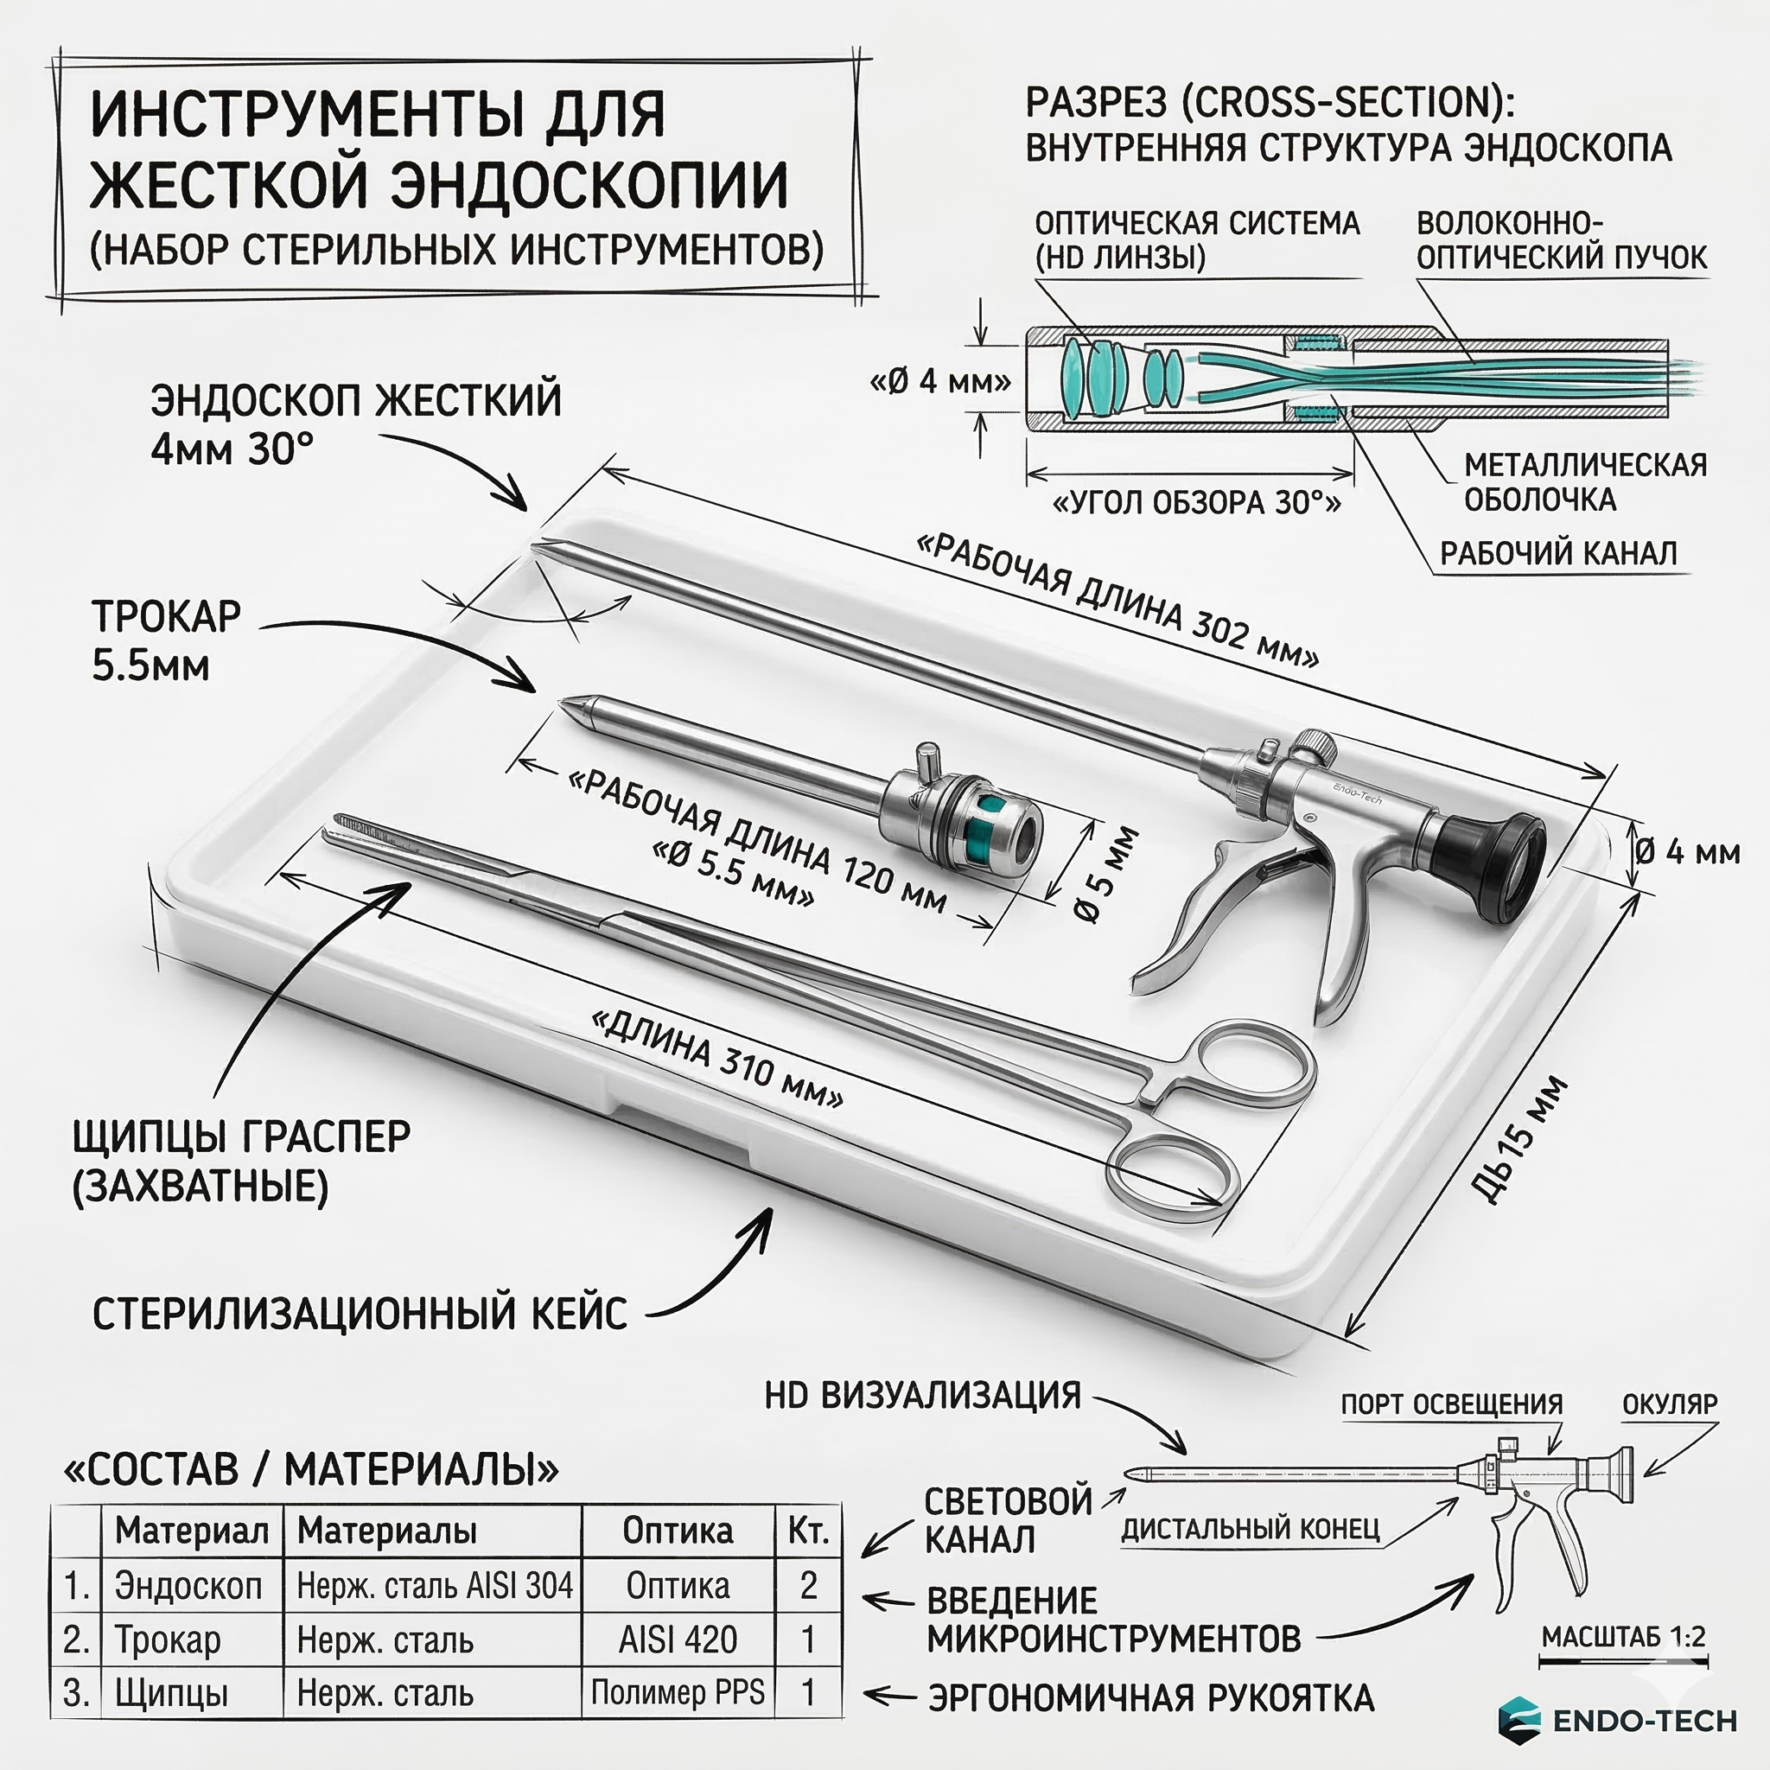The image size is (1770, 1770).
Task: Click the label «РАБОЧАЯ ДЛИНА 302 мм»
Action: point(1117,601)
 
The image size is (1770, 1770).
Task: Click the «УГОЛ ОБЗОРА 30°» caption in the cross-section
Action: point(1195,503)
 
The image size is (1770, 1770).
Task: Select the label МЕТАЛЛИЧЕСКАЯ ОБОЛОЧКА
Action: point(1584,483)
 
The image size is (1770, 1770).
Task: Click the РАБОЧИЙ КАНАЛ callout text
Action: point(1557,553)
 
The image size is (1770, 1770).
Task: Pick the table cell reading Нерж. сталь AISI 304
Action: point(434,1586)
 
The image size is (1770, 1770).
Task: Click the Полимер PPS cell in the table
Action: point(677,1692)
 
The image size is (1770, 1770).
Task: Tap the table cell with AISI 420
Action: point(677,1639)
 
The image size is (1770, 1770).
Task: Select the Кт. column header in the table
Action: point(807,1531)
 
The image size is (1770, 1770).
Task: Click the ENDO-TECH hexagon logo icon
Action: point(1520,1719)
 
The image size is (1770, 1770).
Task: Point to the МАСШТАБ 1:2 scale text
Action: point(1622,1636)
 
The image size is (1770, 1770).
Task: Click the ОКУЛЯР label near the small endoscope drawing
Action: point(1669,1404)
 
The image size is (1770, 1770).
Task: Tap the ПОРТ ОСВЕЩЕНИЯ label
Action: point(1451,1404)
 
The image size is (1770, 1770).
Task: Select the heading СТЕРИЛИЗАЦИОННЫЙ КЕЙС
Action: point(360,1314)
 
